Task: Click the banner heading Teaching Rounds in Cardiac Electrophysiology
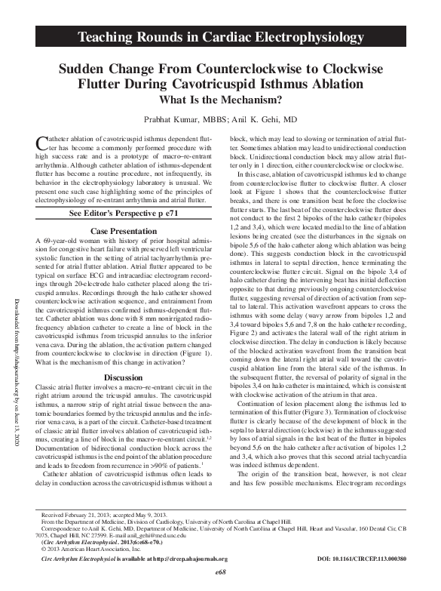(220, 36)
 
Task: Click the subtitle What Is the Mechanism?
(220, 98)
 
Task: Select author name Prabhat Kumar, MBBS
(180, 119)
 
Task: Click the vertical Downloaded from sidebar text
(19, 309)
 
